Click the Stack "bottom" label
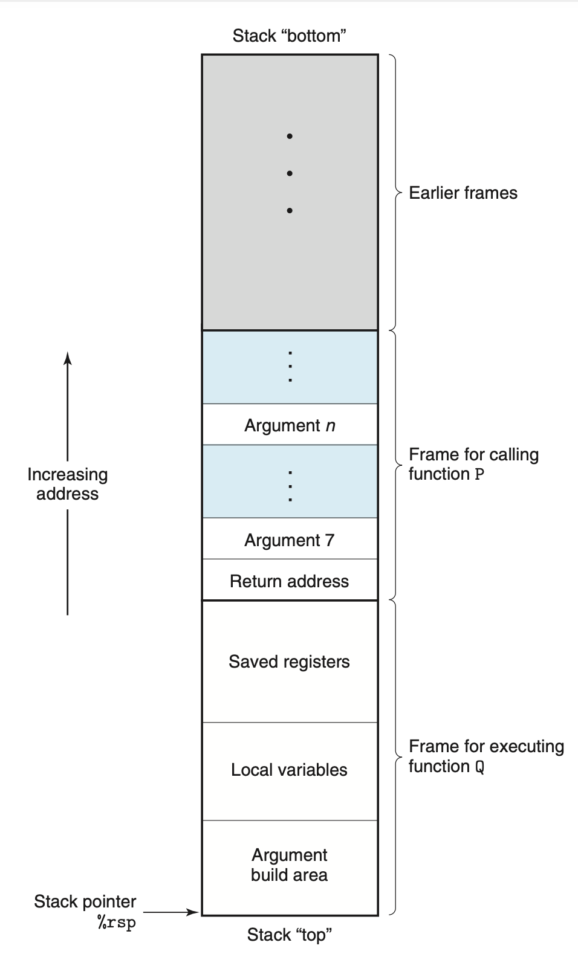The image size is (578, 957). click(289, 36)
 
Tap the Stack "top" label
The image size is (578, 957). click(290, 935)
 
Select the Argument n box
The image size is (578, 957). click(290, 424)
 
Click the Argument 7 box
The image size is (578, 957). click(290, 538)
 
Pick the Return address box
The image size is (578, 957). click(290, 580)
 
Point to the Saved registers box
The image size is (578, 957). click(290, 662)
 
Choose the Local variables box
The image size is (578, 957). click(290, 771)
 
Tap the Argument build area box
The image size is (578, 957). click(290, 868)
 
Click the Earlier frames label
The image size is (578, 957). click(463, 193)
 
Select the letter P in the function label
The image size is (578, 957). click(479, 474)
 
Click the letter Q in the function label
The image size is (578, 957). click(479, 767)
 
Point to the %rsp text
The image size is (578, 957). click(116, 923)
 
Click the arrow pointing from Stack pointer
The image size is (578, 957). click(171, 912)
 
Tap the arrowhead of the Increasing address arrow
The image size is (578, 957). click(68, 358)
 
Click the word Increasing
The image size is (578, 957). click(68, 475)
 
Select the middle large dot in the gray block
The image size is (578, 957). click(290, 173)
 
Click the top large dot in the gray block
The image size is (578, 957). click(290, 137)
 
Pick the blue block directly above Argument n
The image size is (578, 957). click(290, 367)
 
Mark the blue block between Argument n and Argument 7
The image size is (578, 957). click(290, 482)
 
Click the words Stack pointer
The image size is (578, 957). click(85, 901)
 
